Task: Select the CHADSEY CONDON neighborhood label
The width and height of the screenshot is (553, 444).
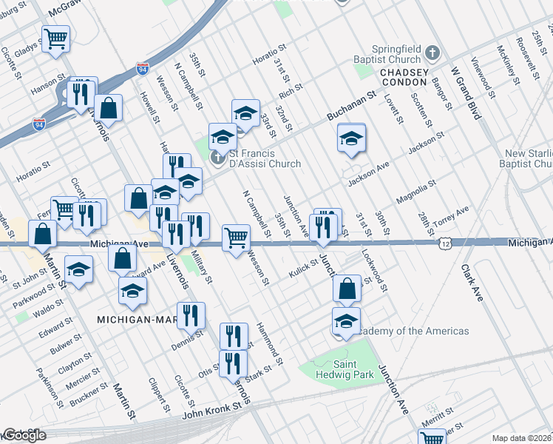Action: click(x=404, y=79)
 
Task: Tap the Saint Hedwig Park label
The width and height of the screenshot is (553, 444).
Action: click(x=347, y=369)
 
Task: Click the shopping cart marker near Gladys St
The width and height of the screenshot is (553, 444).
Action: click(x=55, y=38)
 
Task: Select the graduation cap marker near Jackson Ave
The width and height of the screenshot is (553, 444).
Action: click(x=352, y=138)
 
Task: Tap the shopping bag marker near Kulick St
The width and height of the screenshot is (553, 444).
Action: click(x=347, y=289)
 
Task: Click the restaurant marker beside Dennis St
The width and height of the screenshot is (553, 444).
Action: click(x=191, y=316)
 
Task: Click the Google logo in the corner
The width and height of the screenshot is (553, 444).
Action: click(x=24, y=436)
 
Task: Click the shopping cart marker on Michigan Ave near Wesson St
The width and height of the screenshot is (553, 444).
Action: click(x=236, y=238)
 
